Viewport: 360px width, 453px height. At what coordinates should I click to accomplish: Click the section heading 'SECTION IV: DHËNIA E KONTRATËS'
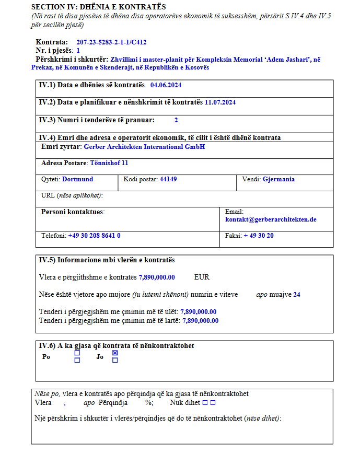coord(98,7)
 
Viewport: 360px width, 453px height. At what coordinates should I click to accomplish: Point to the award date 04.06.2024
coord(166,85)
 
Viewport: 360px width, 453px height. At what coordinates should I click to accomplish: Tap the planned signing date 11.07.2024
coord(220,102)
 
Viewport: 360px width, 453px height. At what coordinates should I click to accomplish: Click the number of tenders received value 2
coord(176,120)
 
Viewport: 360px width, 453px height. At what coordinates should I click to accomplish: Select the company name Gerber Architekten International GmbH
coord(144,147)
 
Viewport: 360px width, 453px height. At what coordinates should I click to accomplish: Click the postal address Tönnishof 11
coord(109,163)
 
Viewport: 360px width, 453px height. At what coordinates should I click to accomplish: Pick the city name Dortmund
coord(77,179)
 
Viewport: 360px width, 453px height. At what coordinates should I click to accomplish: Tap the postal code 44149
coord(168,179)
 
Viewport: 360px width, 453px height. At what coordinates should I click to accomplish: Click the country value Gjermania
coord(278,179)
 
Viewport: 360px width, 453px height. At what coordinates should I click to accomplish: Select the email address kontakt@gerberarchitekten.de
coord(271,219)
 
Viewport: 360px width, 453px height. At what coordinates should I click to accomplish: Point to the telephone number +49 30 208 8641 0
coord(94,236)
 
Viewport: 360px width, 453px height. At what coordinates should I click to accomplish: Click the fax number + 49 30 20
coord(259,236)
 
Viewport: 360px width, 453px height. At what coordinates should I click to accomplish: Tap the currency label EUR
coord(202,277)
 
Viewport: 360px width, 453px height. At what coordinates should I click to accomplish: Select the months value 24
coord(297,295)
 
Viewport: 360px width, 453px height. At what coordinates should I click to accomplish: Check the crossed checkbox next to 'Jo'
coord(115,353)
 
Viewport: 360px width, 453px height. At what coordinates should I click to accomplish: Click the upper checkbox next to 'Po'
coord(77,353)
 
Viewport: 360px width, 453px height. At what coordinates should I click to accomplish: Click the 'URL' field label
coord(48,195)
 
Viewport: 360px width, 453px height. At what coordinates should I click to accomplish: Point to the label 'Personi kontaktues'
coord(73,212)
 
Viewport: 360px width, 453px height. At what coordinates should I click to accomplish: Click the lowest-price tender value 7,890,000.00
coord(198,311)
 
